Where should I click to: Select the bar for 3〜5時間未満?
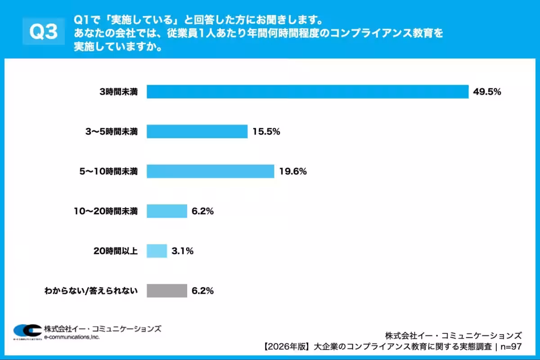click(x=197, y=131)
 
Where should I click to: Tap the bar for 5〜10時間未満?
click(x=210, y=171)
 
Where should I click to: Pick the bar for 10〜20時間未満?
click(x=166, y=211)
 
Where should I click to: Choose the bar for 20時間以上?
click(x=157, y=251)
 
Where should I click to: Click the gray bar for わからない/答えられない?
click(x=166, y=291)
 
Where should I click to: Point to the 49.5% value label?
click(x=487, y=92)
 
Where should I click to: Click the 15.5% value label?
click(x=266, y=131)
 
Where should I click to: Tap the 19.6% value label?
click(x=293, y=171)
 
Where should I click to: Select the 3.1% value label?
click(x=182, y=251)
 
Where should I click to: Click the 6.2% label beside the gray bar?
click(x=202, y=291)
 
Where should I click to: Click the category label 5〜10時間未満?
click(x=108, y=171)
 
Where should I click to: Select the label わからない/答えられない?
click(x=90, y=291)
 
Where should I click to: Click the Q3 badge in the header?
click(x=44, y=31)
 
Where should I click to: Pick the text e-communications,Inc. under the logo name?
click(x=72, y=337)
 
